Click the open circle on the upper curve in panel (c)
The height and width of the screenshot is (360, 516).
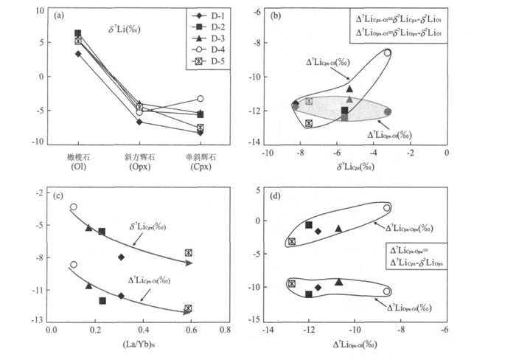(x=73, y=207)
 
